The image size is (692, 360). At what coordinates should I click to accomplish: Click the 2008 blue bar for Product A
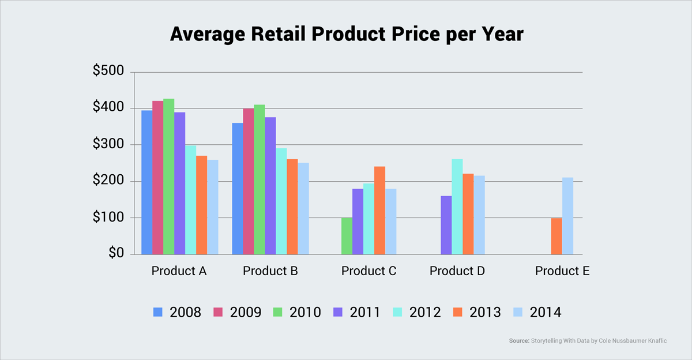146,182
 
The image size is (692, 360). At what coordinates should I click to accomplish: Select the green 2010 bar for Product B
259,179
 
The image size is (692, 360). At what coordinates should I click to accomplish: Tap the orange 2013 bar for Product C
379,211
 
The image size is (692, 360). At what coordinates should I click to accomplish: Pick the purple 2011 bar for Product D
446,225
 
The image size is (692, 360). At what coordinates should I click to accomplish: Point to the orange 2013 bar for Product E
556,236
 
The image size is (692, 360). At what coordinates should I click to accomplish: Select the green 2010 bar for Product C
347,236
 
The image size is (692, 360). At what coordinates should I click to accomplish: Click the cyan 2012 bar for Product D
457,207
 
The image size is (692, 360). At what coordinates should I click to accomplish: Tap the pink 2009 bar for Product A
157,178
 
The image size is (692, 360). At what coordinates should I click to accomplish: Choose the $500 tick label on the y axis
108,72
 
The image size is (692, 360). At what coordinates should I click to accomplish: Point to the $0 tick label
115,253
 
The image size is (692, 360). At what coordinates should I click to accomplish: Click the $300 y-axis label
108,144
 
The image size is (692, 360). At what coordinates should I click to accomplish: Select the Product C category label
368,271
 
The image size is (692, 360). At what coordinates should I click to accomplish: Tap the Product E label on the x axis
562,271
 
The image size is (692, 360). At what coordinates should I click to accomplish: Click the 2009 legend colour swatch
217,312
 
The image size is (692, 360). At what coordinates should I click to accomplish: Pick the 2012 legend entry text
425,313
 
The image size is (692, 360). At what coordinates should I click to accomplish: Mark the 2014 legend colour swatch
517,312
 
